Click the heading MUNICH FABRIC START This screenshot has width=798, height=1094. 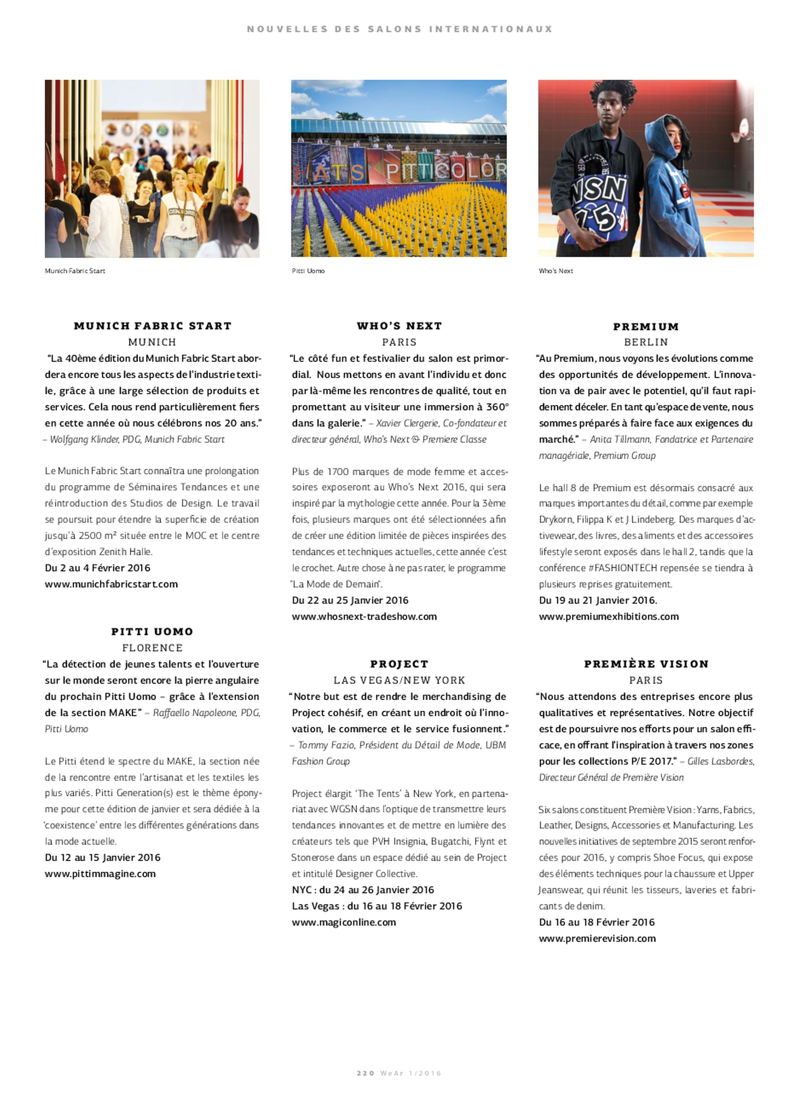[x=153, y=326]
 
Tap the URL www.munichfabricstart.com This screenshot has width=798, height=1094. [x=111, y=584]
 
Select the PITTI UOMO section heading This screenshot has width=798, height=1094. [x=152, y=632]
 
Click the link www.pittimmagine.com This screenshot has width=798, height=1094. [x=100, y=874]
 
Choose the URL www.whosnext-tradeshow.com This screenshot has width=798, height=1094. [x=364, y=616]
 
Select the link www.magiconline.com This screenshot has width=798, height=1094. [x=343, y=922]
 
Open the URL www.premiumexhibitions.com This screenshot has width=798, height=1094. [x=608, y=616]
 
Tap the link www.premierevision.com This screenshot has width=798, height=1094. [x=597, y=939]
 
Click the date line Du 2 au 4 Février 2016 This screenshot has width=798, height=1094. [x=98, y=568]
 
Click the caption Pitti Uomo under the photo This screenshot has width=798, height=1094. [x=308, y=271]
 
